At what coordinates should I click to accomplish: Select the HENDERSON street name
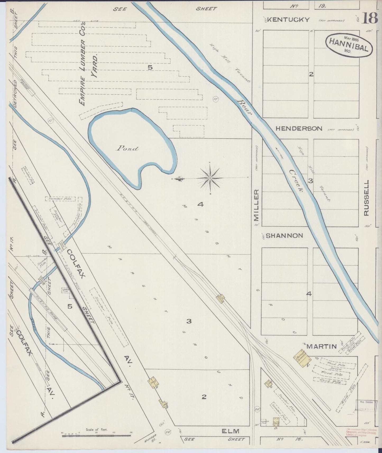click(299, 129)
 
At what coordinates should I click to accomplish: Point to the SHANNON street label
click(284, 236)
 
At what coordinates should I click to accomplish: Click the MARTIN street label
click(322, 346)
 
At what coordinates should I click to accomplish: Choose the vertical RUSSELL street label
click(367, 198)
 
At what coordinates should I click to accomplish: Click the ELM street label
click(230, 431)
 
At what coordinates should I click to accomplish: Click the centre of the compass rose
click(210, 178)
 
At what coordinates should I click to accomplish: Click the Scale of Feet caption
click(97, 430)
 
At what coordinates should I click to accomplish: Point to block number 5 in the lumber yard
click(150, 68)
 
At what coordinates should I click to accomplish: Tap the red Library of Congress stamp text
click(361, 432)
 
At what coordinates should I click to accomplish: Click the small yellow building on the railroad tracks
click(220, 298)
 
